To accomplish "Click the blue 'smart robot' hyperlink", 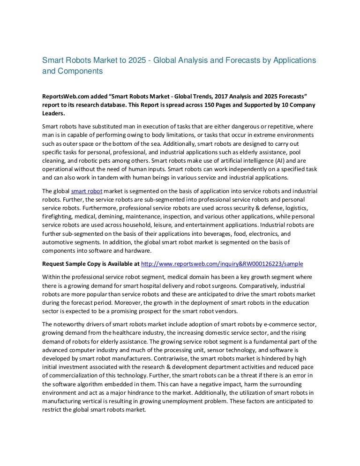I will click(x=87, y=191).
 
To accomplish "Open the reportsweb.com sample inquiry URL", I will click(x=222, y=263).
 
